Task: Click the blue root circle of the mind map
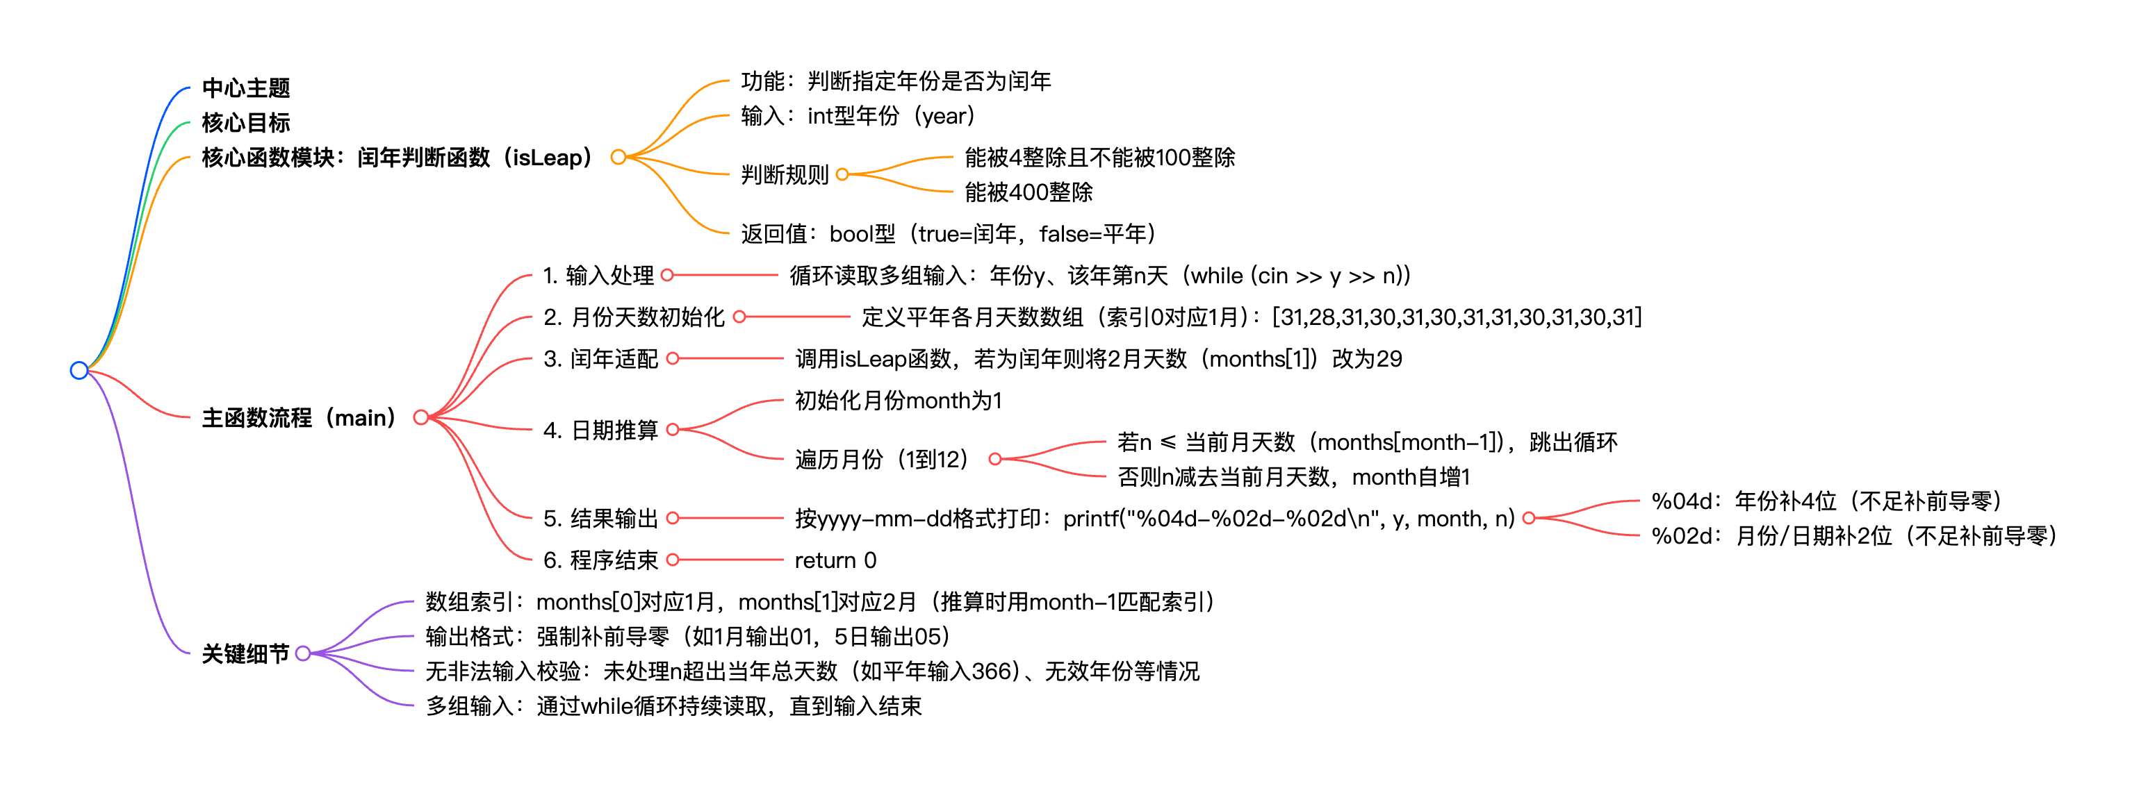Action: (x=79, y=370)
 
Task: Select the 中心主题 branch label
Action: (x=246, y=88)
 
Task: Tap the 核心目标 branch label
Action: (x=246, y=123)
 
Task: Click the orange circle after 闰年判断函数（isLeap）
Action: (x=618, y=157)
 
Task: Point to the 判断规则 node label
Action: (x=785, y=175)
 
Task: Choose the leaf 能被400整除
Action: (x=1028, y=192)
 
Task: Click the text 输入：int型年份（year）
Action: (x=858, y=116)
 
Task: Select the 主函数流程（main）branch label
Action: (x=299, y=417)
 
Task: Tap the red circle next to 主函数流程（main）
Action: (x=421, y=417)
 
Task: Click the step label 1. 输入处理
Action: (x=598, y=276)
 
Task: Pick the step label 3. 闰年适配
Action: (x=600, y=358)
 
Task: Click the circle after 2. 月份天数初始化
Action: (x=739, y=317)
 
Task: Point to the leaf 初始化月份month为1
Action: (x=899, y=401)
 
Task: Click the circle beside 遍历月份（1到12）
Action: (x=994, y=459)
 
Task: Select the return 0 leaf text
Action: (x=835, y=561)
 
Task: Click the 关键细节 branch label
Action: (x=246, y=654)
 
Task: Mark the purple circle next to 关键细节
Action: (x=303, y=654)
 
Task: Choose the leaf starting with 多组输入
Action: (x=673, y=706)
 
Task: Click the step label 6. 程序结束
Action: (x=600, y=561)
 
